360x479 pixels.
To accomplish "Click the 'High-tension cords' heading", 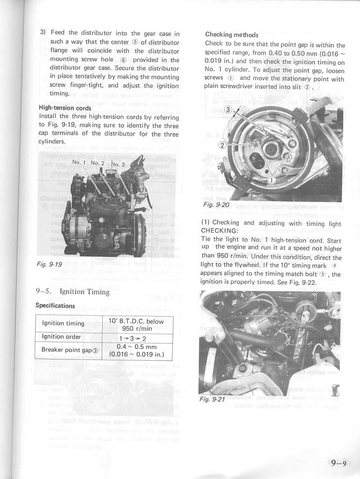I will point(65,108).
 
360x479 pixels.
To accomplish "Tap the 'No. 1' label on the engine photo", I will point(79,162).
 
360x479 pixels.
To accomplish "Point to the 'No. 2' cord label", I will point(97,163).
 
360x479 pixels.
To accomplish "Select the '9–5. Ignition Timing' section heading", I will point(73,292).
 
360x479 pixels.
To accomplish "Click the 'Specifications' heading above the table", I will point(55,306).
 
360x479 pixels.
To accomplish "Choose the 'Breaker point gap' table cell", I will point(70,350).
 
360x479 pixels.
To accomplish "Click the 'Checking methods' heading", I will point(231,35).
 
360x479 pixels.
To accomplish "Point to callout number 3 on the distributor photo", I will point(228,110).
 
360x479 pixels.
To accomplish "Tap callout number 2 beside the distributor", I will point(222,145).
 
